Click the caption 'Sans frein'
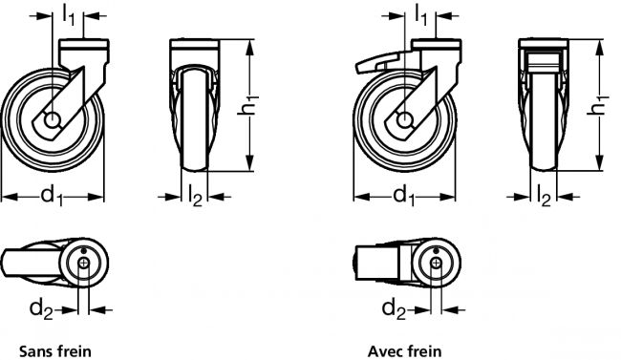click(x=55, y=350)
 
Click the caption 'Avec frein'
click(x=404, y=350)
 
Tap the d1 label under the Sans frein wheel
click(x=52, y=196)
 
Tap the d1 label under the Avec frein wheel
click(x=404, y=196)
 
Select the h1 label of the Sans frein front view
click(x=248, y=105)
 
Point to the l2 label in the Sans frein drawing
click(x=195, y=197)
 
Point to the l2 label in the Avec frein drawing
click(x=544, y=197)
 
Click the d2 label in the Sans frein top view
click(x=41, y=309)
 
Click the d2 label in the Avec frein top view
click(x=394, y=309)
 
